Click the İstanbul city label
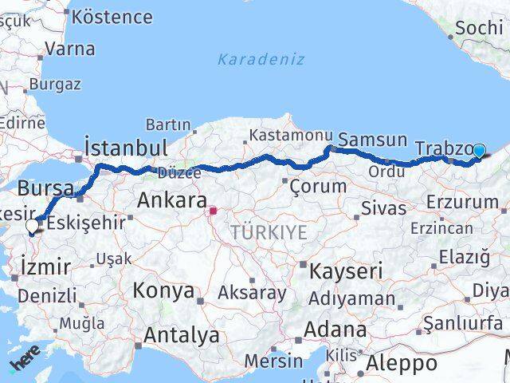point(126,148)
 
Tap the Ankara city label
point(172,200)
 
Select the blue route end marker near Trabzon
point(479,150)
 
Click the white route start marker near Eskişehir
point(32,226)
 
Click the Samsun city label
point(372,140)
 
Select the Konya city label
point(163,290)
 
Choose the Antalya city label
point(181,335)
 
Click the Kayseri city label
point(345,270)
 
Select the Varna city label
point(69,48)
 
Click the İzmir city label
point(46,266)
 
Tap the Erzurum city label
point(461,202)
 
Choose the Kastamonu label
point(288,136)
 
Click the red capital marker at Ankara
point(213,212)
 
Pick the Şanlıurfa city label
point(463,322)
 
